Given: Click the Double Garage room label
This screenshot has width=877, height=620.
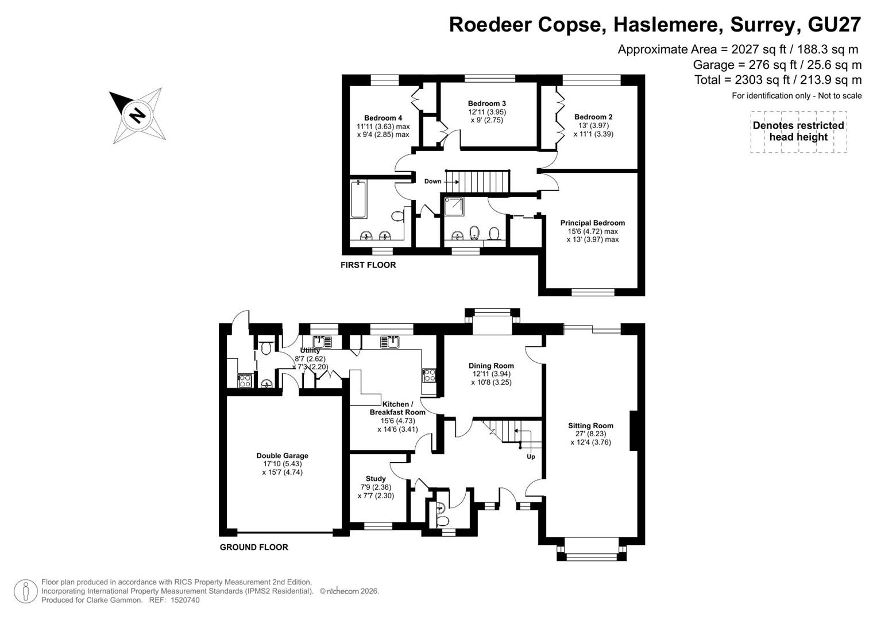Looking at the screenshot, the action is point(283,456).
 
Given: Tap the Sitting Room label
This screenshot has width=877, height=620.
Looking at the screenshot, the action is point(591,426).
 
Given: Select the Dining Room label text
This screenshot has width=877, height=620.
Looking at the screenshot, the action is point(492,366).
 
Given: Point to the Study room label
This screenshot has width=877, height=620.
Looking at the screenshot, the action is point(376,479).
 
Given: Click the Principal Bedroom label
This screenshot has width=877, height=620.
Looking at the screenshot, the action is point(593,223).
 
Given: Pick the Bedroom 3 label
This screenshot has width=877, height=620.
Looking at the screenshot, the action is point(487,103).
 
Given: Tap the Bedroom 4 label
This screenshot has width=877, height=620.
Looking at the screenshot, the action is point(383,118).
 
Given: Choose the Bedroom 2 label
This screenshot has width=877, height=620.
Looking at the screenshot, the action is point(593,117).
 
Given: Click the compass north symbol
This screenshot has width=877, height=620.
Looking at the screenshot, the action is point(138,115).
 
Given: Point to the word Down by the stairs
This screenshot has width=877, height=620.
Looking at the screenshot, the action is point(432,181).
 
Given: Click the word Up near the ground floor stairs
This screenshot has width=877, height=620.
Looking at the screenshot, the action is point(531,456).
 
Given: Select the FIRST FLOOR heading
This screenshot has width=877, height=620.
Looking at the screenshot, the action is point(368,265).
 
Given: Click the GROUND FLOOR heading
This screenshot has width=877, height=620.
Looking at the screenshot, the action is point(254,547).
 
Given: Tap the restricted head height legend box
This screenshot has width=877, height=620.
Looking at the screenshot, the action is point(799,132).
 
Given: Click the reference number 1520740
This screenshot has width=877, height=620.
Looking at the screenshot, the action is point(185,600).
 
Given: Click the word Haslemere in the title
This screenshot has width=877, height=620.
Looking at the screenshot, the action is point(669,25).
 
